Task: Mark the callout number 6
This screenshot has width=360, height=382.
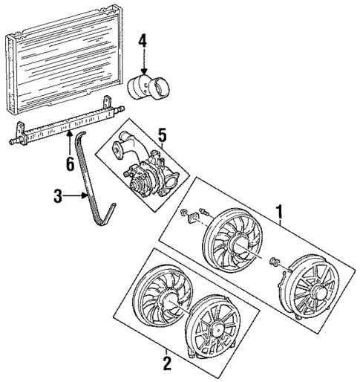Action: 69,163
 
